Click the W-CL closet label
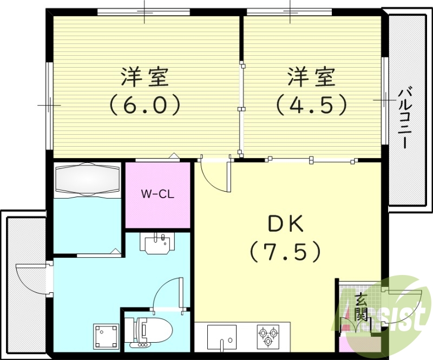point(158,194)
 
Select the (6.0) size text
point(145,104)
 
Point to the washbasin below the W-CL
point(159,243)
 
